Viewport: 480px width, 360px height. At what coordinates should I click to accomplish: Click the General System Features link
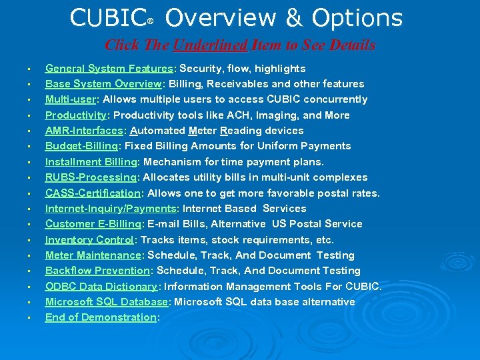[109, 69]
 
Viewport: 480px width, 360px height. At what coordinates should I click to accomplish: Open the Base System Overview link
[103, 84]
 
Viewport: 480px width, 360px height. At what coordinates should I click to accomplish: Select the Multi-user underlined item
[71, 99]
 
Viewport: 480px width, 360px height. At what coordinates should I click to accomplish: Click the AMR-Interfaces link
[84, 131]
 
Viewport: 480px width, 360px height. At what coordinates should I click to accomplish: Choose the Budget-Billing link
[82, 146]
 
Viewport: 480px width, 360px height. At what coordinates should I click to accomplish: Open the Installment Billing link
[91, 162]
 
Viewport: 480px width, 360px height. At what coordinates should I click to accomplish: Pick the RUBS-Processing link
[91, 177]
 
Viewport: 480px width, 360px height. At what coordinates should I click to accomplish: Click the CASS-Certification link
[93, 193]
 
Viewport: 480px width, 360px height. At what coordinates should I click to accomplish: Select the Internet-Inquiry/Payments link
[110, 209]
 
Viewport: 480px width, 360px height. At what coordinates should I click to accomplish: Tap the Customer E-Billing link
[93, 224]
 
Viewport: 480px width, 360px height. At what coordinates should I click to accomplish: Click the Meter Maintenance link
[93, 255]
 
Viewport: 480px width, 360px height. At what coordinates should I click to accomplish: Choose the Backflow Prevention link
[97, 271]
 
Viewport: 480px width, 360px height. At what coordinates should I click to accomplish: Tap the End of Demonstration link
[100, 317]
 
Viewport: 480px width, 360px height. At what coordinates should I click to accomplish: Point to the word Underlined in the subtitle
[210, 45]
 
